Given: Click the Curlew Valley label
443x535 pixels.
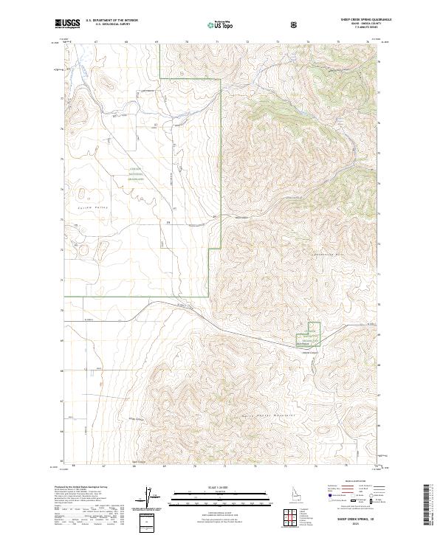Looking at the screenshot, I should (92, 208).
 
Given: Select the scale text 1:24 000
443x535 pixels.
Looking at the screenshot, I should (221, 489).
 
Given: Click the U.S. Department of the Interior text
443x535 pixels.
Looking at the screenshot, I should (111, 21).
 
